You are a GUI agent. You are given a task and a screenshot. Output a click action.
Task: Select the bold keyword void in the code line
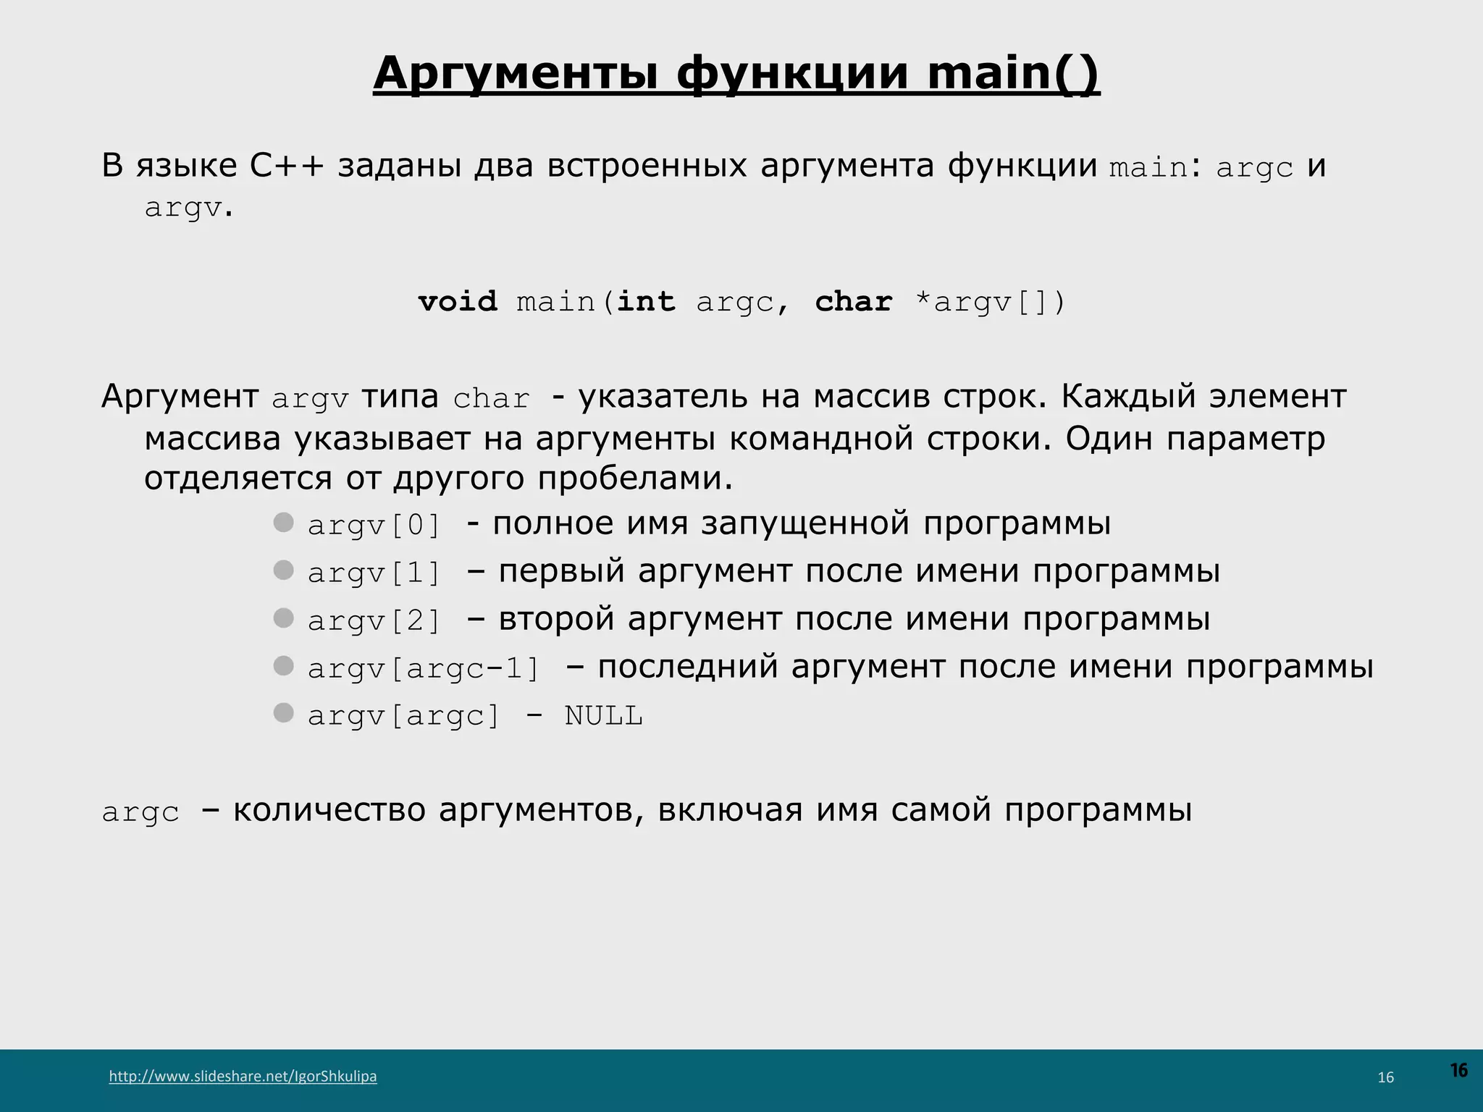click(x=458, y=301)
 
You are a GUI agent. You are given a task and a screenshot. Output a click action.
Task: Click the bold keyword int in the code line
click(x=645, y=301)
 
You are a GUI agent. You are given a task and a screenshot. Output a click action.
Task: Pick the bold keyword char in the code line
click(x=853, y=301)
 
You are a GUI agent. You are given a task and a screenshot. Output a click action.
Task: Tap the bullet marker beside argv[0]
click(x=283, y=522)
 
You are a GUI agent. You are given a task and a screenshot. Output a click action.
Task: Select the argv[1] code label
click(x=374, y=573)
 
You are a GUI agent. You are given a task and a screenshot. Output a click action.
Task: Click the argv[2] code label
click(x=374, y=620)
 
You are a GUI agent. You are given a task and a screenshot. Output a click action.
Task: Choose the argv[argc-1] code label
click(x=424, y=668)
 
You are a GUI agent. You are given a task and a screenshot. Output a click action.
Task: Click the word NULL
click(x=603, y=716)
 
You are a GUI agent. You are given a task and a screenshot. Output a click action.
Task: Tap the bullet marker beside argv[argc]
click(x=283, y=713)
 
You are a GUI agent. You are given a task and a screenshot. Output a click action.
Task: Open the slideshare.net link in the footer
click(x=243, y=1076)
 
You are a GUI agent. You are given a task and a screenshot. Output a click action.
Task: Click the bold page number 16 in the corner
click(x=1458, y=1070)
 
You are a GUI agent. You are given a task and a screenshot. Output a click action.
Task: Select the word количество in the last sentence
click(x=329, y=810)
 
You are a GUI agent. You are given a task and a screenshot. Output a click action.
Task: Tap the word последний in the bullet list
click(x=687, y=667)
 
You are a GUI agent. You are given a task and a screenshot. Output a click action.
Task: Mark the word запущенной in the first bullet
click(x=804, y=523)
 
